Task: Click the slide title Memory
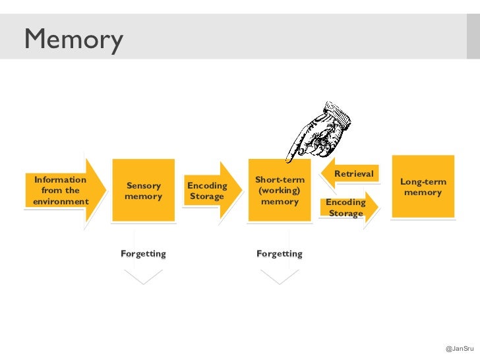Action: (73, 40)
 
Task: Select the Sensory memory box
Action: (143, 191)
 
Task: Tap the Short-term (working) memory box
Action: (280, 190)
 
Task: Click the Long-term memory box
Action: (423, 187)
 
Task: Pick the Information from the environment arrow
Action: (63, 190)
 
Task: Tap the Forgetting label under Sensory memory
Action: (143, 254)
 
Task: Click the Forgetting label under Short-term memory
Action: (280, 254)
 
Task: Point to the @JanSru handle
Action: (460, 348)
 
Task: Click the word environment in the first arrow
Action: (61, 201)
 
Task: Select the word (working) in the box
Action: (280, 191)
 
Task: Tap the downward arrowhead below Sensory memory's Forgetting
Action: (143, 277)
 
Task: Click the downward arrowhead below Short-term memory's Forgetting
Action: (280, 277)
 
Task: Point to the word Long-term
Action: (423, 182)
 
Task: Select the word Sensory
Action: (143, 186)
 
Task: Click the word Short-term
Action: (280, 180)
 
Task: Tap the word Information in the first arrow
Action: (60, 179)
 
